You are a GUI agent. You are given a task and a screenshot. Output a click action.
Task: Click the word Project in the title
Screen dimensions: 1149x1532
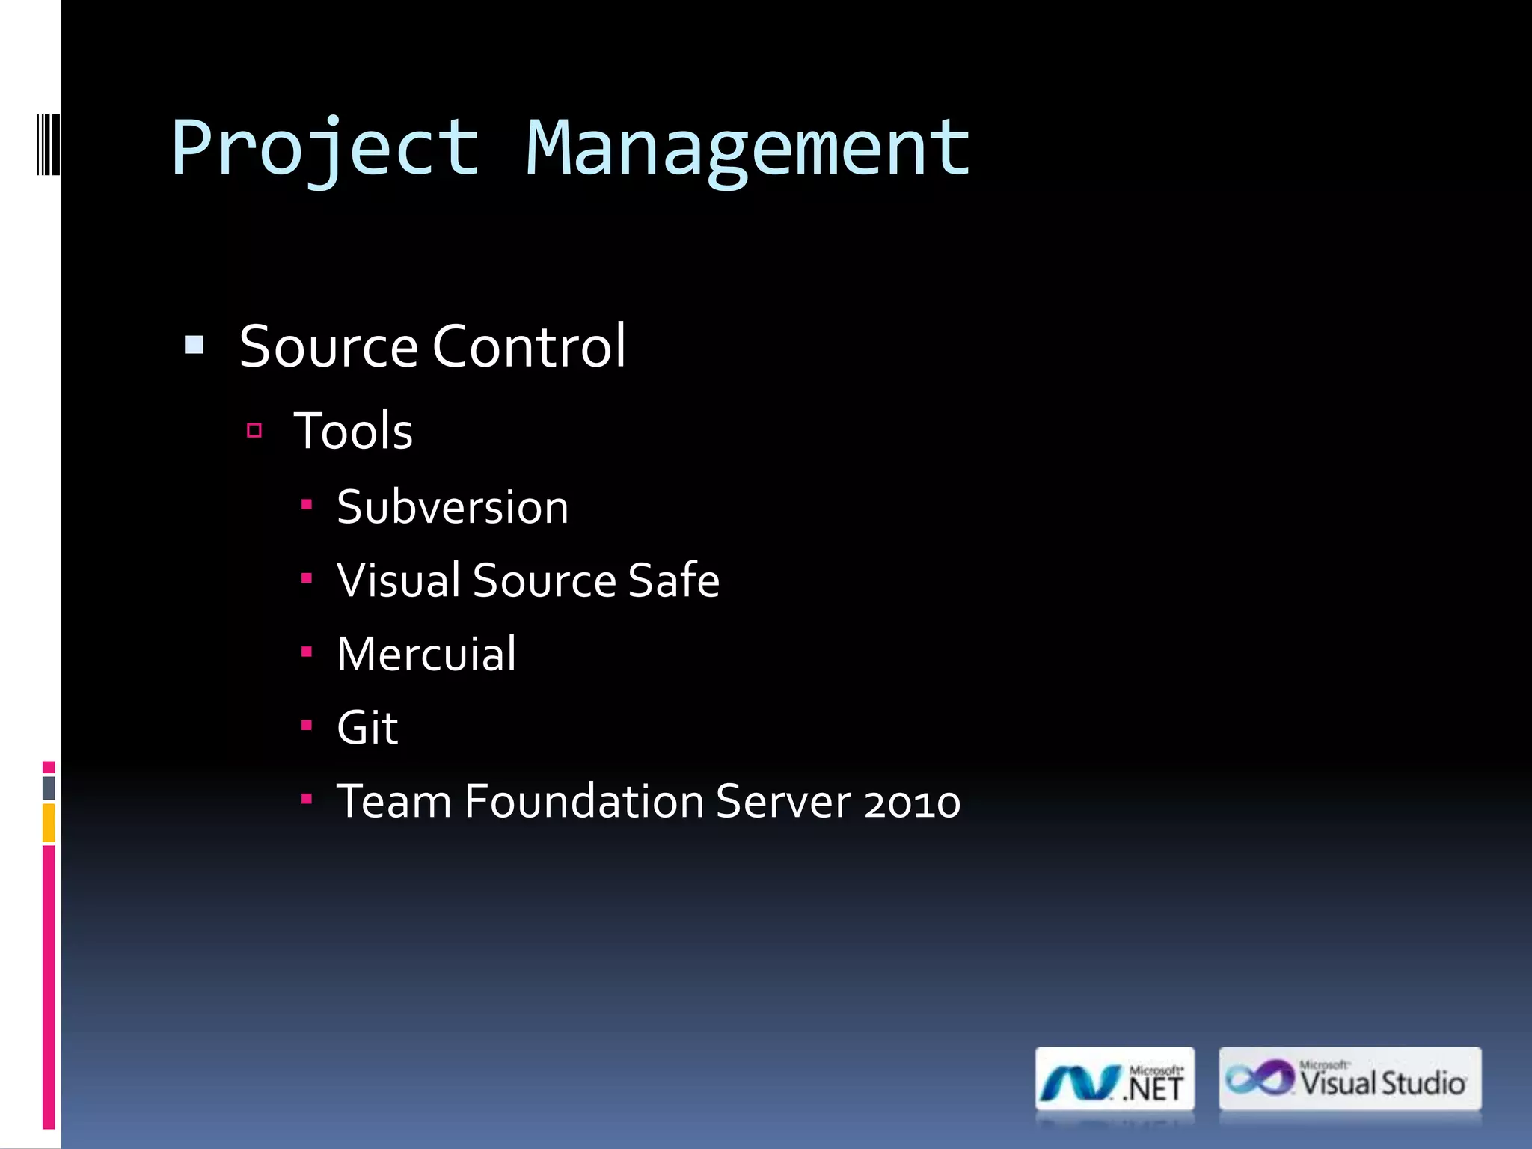click(x=325, y=148)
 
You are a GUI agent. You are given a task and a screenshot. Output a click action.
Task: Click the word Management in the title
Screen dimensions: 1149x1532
click(x=747, y=148)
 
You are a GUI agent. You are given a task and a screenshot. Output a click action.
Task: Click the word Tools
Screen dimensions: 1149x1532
click(x=353, y=432)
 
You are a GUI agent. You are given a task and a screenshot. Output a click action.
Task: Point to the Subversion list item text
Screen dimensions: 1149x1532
click(x=452, y=507)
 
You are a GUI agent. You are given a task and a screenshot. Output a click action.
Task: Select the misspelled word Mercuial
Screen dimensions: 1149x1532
click(x=426, y=654)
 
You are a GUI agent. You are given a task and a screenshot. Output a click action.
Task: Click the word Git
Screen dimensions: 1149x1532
click(x=367, y=727)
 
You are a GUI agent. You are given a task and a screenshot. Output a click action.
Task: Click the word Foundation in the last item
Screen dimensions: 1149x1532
click(x=583, y=802)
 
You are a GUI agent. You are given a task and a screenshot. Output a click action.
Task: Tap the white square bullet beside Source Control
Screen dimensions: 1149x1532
click(x=194, y=345)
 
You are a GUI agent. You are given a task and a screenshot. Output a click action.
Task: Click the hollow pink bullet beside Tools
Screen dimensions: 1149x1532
click(x=254, y=430)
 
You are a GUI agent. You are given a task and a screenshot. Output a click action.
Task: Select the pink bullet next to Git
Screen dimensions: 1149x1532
click(x=307, y=725)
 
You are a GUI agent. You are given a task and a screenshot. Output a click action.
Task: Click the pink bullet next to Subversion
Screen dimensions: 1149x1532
click(x=307, y=505)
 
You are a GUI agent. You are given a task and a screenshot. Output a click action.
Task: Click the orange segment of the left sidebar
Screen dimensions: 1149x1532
click(x=49, y=822)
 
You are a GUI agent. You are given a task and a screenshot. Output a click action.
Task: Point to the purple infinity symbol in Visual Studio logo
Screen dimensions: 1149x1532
click(x=1260, y=1078)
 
